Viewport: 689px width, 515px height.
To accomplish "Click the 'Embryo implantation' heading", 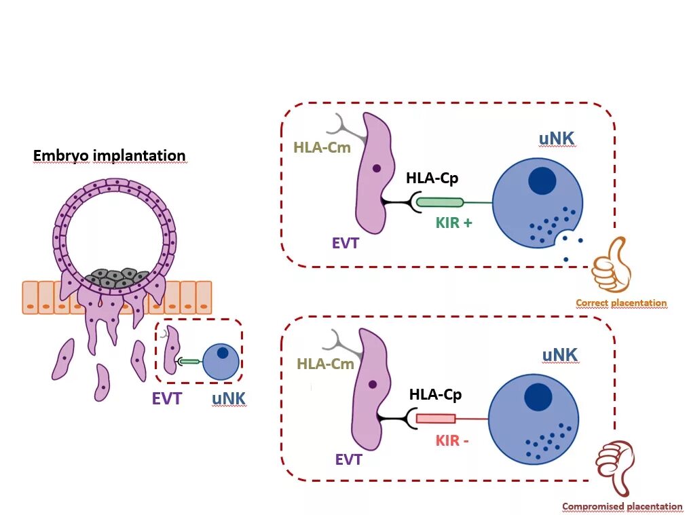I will tap(109, 155).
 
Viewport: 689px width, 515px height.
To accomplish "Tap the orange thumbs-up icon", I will tap(612, 265).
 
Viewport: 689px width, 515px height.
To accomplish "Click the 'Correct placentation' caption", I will tap(621, 303).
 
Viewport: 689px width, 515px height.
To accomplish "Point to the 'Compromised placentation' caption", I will tap(622, 506).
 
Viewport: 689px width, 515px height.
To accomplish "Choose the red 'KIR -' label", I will tap(452, 440).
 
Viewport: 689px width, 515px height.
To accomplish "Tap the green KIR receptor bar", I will tap(439, 202).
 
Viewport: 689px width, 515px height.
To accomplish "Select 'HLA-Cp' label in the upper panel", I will tap(432, 178).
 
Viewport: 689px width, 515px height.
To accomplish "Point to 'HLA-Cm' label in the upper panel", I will tap(322, 147).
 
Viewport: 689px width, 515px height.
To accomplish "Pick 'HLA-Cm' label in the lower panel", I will tap(325, 364).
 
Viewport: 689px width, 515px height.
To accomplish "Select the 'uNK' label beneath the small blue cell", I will tap(228, 399).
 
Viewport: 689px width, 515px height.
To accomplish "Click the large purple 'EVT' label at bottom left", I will tap(166, 399).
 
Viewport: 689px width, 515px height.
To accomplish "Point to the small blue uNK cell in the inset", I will tap(221, 362).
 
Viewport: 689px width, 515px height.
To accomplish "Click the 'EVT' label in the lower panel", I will tap(348, 460).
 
